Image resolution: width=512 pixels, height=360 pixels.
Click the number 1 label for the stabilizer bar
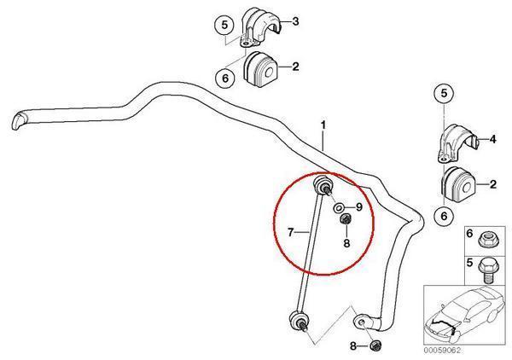click(323, 125)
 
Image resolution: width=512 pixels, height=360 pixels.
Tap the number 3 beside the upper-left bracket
click(295, 20)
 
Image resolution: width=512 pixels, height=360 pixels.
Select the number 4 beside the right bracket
click(492, 138)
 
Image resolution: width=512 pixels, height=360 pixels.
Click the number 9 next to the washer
click(359, 207)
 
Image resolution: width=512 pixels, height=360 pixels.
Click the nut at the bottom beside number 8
click(375, 346)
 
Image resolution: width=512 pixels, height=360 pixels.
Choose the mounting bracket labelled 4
click(459, 142)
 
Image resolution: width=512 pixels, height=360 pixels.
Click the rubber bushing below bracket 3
click(261, 69)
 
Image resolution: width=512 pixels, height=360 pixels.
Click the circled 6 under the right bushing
click(445, 217)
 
